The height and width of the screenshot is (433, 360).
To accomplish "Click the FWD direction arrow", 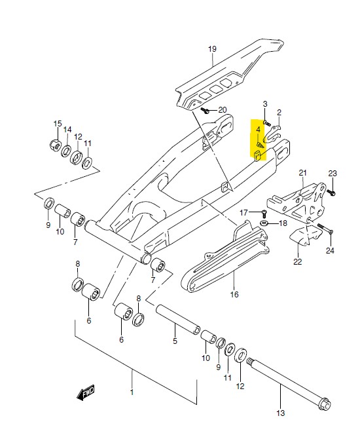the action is pos(86,392).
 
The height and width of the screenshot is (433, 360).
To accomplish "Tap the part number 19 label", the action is pos(212,49).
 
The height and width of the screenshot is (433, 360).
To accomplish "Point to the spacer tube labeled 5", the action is pos(178,319).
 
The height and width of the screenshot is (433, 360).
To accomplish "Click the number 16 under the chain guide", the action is pos(234,294).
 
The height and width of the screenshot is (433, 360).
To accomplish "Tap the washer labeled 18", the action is pos(264,223).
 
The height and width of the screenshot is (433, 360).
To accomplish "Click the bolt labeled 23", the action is pos(331,192).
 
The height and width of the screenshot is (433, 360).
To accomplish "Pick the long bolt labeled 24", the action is pos(325,228).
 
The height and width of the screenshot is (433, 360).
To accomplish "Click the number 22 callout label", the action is pos(298,261).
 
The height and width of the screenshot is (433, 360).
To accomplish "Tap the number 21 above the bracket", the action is pos(303,173).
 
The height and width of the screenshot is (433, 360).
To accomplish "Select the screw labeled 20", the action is pos(205,111).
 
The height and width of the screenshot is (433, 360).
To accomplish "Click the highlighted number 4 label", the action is pos(258,130).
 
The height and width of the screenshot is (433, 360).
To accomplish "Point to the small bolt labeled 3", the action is pos(267,122).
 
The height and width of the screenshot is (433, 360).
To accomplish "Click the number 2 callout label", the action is pos(279,113).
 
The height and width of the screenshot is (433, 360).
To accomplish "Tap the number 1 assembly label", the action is pos(132,392).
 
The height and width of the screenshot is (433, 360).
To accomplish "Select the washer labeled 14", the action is pos(66,151).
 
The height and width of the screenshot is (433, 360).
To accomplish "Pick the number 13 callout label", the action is pos(280,413).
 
